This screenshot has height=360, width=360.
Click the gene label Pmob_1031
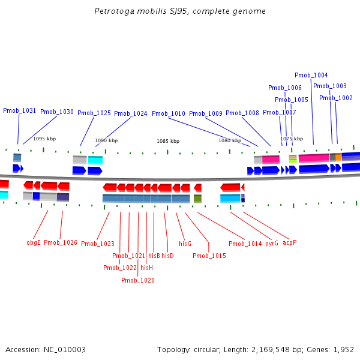[19, 110]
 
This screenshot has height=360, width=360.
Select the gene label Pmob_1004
[311, 75]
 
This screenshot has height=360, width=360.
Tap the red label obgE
[34, 242]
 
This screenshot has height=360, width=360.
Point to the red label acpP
[290, 242]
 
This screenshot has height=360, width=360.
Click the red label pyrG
[272, 244]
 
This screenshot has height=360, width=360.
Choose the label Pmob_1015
[209, 256]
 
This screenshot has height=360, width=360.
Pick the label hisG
[185, 244]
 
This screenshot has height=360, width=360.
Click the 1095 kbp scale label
[44, 139]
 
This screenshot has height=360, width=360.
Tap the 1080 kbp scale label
[229, 140]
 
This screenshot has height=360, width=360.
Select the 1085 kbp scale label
[168, 141]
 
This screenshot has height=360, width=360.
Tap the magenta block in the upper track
[313, 158]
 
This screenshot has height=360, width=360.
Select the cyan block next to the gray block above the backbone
[95, 160]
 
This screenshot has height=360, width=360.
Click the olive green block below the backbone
[197, 199]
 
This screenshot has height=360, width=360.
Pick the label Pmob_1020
[138, 280]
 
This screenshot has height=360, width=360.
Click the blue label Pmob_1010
[168, 113]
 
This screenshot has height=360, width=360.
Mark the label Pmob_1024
[130, 113]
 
